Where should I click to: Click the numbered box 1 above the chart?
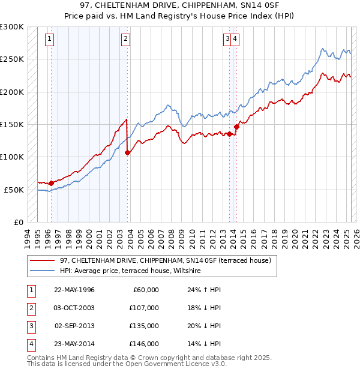49,40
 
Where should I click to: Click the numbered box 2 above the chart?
125,40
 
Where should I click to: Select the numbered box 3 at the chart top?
227,40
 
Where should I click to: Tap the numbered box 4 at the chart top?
235,40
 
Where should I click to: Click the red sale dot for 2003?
127,152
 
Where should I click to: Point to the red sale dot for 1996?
51,183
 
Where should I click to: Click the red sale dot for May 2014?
237,127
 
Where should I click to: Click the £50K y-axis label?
14,190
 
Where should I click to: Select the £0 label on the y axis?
19,222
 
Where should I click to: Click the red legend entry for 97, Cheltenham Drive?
165,260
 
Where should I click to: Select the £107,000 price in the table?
144,308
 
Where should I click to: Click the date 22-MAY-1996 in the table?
74,290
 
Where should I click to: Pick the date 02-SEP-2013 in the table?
74,326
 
